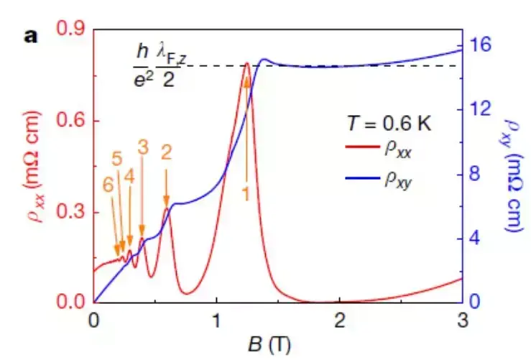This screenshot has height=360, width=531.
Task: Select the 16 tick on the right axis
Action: [x=484, y=44]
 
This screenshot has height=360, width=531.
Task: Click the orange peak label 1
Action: [x=246, y=193]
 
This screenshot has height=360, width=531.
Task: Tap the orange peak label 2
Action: [x=166, y=152]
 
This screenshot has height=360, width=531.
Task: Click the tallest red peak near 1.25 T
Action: [x=246, y=63]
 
